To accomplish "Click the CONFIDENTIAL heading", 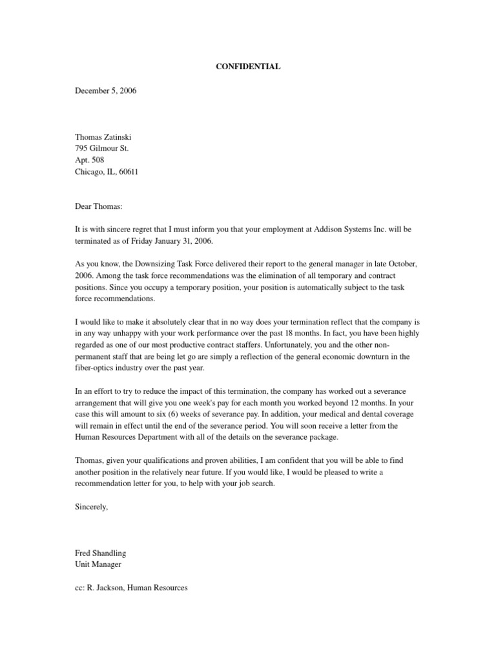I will (248, 67).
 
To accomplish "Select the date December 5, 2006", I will (106, 91).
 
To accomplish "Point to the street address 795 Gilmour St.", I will (102, 149).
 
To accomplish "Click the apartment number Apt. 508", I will (90, 160).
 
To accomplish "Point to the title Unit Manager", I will (98, 565).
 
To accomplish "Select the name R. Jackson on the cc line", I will (105, 588).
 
